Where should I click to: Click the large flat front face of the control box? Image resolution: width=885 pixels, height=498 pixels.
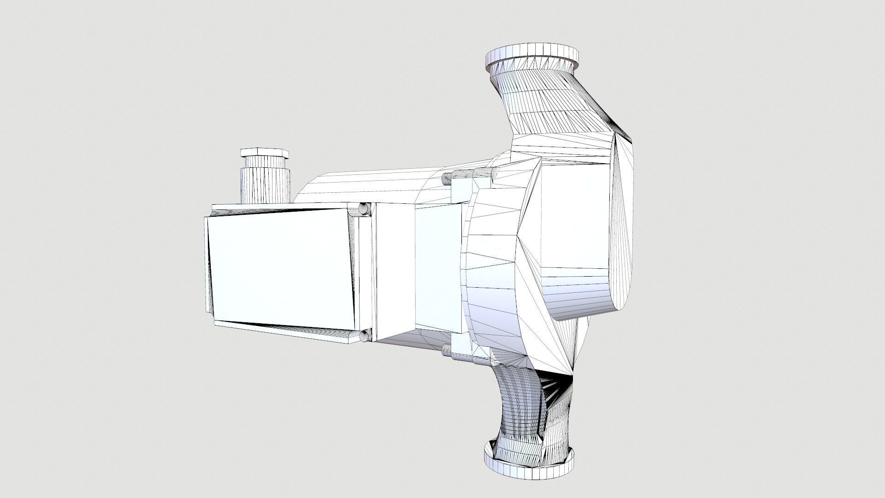281,270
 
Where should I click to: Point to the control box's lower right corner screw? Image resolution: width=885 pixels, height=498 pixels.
366,336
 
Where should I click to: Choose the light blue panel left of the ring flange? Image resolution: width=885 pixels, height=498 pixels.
438,267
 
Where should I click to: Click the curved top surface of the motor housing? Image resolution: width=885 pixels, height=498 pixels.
369,184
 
